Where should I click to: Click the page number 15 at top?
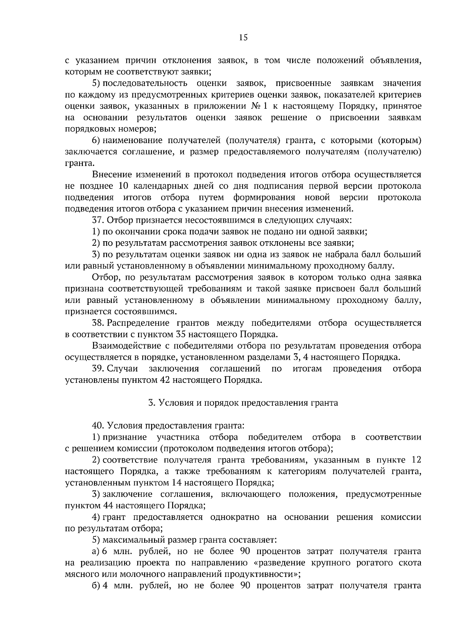pyautogui.click(x=243, y=37)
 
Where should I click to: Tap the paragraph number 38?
pyautogui.click(x=98, y=323)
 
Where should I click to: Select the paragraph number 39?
pyautogui.click(x=98, y=368)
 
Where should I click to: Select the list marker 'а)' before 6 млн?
pyautogui.click(x=96, y=551)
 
